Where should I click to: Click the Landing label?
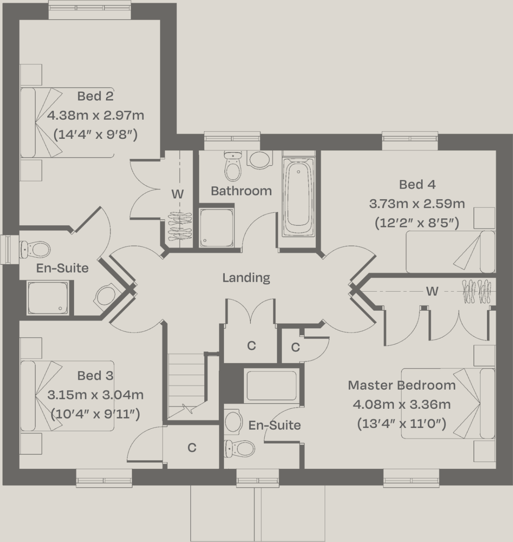click(x=246, y=278)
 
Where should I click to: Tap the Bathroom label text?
click(x=241, y=191)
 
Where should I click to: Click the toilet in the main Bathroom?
click(x=232, y=166)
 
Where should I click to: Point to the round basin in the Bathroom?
click(x=259, y=160)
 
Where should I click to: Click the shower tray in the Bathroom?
click(x=216, y=228)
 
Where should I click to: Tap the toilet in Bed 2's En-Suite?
click(x=36, y=249)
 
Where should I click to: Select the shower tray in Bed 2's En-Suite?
click(x=47, y=298)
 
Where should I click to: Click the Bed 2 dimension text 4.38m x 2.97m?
click(x=95, y=115)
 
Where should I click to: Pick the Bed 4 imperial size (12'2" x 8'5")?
click(x=417, y=223)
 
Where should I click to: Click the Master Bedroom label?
click(x=401, y=385)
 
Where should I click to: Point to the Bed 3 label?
click(x=95, y=376)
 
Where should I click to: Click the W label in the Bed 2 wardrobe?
click(x=178, y=194)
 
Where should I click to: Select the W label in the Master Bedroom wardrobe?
click(x=432, y=291)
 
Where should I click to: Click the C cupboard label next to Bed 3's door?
click(x=192, y=447)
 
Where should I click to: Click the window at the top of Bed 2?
click(x=89, y=9)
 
